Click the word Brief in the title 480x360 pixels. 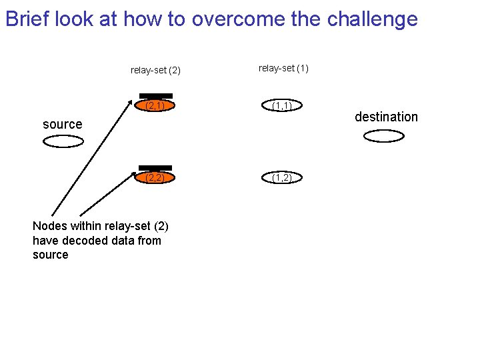coord(27,19)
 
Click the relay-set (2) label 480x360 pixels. coord(155,70)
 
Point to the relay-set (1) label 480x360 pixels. coord(283,68)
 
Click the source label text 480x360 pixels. coord(62,124)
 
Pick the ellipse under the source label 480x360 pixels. coord(63,141)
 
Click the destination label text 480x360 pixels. coord(386,117)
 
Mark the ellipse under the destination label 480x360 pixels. coord(384,136)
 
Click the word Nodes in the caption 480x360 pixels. coord(48,227)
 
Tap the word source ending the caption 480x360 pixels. coord(50,255)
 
